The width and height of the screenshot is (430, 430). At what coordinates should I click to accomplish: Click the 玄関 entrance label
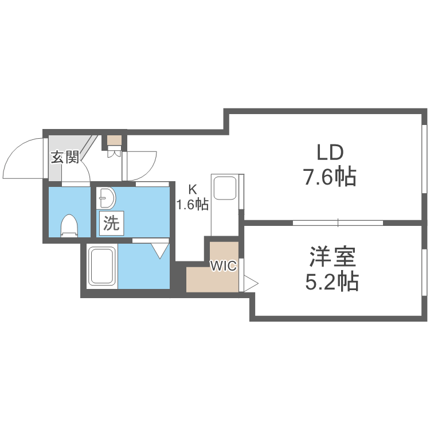[65, 157]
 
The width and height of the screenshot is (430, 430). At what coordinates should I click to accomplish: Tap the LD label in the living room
[330, 153]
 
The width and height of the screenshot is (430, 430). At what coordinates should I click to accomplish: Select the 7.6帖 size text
[329, 177]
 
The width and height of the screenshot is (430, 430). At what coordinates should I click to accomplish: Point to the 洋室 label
[333, 257]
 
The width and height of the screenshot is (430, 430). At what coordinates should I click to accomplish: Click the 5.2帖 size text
[332, 281]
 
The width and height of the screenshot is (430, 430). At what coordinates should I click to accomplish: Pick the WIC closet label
[223, 265]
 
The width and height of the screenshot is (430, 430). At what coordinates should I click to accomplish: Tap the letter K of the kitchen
[193, 190]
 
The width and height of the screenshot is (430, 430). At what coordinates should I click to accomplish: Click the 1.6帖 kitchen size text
[192, 204]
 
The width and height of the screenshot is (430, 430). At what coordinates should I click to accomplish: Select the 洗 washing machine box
[112, 223]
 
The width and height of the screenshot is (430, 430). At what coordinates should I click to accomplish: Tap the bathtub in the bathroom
[102, 266]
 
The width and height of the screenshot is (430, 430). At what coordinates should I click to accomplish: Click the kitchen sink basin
[225, 188]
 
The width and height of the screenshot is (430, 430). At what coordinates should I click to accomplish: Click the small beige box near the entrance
[114, 140]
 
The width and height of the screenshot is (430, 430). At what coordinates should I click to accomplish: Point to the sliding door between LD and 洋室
[338, 222]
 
